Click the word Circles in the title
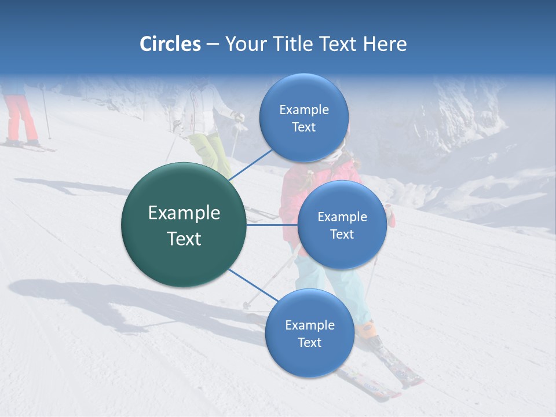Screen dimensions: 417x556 tap(170, 44)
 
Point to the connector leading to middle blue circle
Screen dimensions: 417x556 tap(272, 225)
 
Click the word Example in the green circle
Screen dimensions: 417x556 tap(184, 213)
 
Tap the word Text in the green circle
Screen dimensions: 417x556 tap(184, 239)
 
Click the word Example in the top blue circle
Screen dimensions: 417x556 tap(303, 109)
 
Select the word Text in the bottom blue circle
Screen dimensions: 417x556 tap(309, 342)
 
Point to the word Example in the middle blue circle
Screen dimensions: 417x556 tap(342, 217)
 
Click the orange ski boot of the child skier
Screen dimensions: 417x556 tap(366, 331)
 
